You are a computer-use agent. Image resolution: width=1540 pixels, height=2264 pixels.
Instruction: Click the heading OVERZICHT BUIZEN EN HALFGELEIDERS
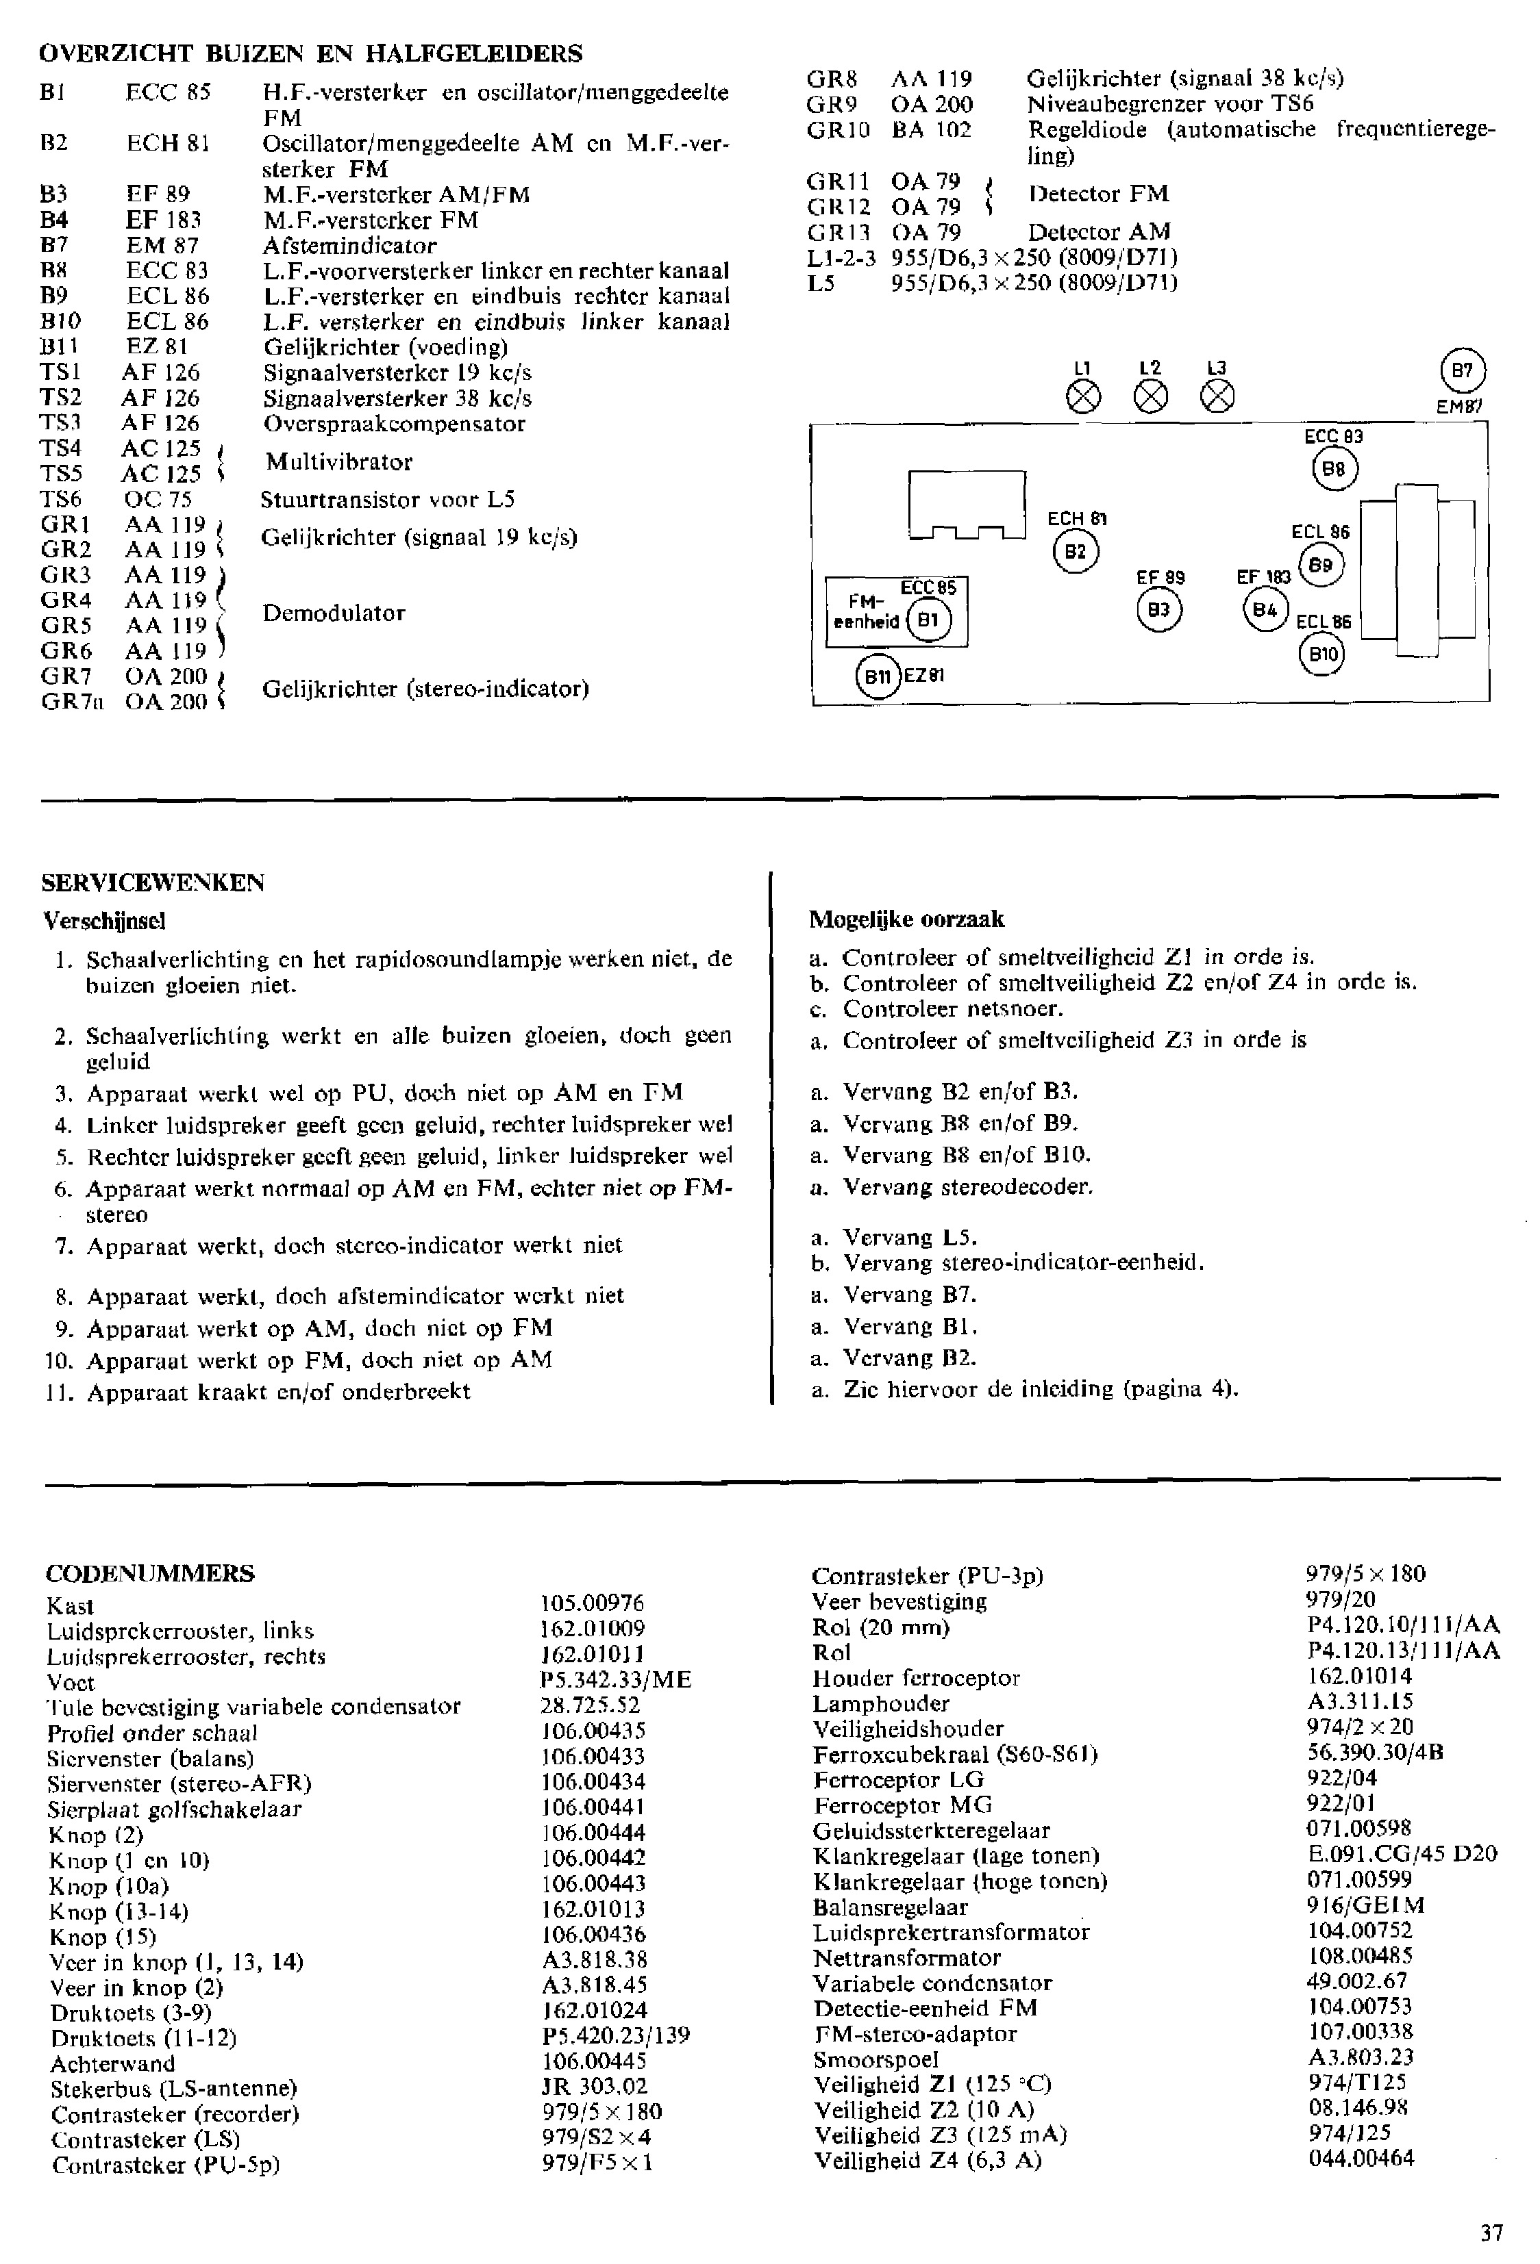pos(310,53)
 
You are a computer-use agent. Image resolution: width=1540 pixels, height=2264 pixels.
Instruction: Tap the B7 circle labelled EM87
pos(1462,370)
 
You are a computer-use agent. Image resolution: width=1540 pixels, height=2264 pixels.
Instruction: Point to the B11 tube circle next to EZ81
pos(878,676)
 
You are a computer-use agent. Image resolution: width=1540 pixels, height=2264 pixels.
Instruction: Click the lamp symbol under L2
pos(1151,396)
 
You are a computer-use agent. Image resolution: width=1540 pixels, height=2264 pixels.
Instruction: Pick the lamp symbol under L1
pos(1084,396)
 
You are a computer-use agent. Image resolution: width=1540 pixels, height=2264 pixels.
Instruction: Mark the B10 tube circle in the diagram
pos(1323,654)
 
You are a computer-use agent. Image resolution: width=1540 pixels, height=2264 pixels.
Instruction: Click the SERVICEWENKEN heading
pos(153,882)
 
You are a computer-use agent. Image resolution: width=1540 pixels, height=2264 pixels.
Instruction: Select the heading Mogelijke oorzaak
pos(906,919)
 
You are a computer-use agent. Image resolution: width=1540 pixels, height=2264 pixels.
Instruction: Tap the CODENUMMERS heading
pos(149,1573)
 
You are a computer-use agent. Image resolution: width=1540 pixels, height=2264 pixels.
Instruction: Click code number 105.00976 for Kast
pos(593,1603)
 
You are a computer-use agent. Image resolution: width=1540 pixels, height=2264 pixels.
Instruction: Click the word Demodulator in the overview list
pos(334,613)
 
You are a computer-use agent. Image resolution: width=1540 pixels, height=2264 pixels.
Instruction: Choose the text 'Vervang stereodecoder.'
pos(968,1186)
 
